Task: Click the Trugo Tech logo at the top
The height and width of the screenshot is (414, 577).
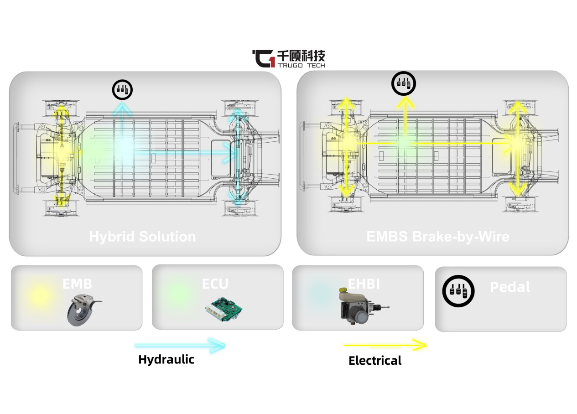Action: point(288,59)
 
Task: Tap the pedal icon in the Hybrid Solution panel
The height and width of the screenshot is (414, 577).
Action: point(122,89)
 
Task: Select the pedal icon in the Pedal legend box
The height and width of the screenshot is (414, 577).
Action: point(458,290)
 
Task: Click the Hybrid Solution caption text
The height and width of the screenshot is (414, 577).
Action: point(142,237)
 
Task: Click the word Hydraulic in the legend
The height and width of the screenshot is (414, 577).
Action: point(166,359)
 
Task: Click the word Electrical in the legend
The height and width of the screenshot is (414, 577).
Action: point(375,361)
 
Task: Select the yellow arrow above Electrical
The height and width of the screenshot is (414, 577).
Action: point(385,345)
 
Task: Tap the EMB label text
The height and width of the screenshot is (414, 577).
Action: point(77,284)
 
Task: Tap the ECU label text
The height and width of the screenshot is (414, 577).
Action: point(215,284)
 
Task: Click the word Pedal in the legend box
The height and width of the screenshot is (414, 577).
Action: point(510,287)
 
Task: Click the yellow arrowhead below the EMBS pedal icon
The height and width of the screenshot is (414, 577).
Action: point(404,103)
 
